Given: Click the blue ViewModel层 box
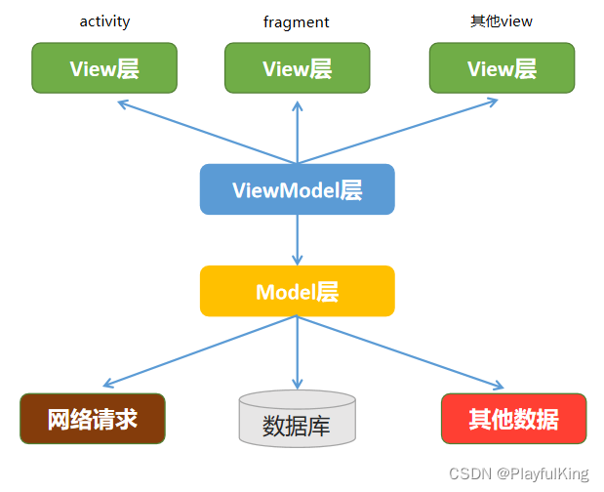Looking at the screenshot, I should pos(297,189).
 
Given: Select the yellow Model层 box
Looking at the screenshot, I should pos(297,291).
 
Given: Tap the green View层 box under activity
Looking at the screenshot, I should pos(104,68).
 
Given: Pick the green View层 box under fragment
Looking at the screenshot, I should pos(297,68).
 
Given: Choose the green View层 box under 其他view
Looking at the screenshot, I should pos(502,68).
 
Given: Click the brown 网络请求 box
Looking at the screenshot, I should pos(93,420).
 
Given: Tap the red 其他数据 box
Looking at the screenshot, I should pos(513,420).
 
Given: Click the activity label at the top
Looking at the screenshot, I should pos(104,20).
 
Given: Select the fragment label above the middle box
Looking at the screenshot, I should pos(297,20).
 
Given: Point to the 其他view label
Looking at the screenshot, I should pos(502,20).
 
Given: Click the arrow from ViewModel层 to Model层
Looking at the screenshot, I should pos(297,240).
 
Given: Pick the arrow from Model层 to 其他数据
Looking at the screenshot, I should pos(400,351).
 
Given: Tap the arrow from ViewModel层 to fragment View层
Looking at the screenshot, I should pos(297,132).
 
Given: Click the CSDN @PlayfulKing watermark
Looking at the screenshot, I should pos(518,474).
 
